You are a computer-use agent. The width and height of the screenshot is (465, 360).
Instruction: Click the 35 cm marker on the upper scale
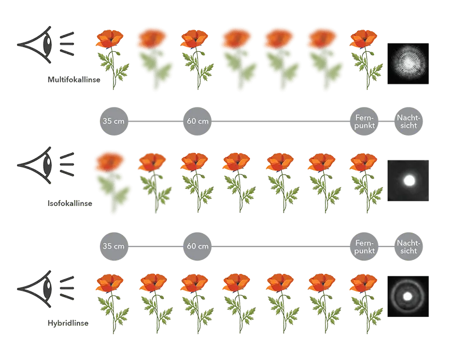112,121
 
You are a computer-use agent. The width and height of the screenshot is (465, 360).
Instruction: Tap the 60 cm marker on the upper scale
197,121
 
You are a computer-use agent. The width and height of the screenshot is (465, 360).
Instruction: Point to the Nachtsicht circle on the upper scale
408,121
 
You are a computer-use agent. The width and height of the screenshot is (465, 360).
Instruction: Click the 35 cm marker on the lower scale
112,245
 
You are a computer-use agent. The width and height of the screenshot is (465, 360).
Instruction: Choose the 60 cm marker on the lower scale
197,245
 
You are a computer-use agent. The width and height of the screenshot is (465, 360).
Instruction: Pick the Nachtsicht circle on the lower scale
408,245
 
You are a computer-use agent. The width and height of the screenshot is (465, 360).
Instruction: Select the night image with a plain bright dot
409,180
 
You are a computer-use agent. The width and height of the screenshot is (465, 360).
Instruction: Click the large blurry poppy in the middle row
110,180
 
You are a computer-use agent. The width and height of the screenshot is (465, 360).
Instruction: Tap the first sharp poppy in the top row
111,58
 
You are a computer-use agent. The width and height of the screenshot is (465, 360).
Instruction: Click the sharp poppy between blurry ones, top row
196,58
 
